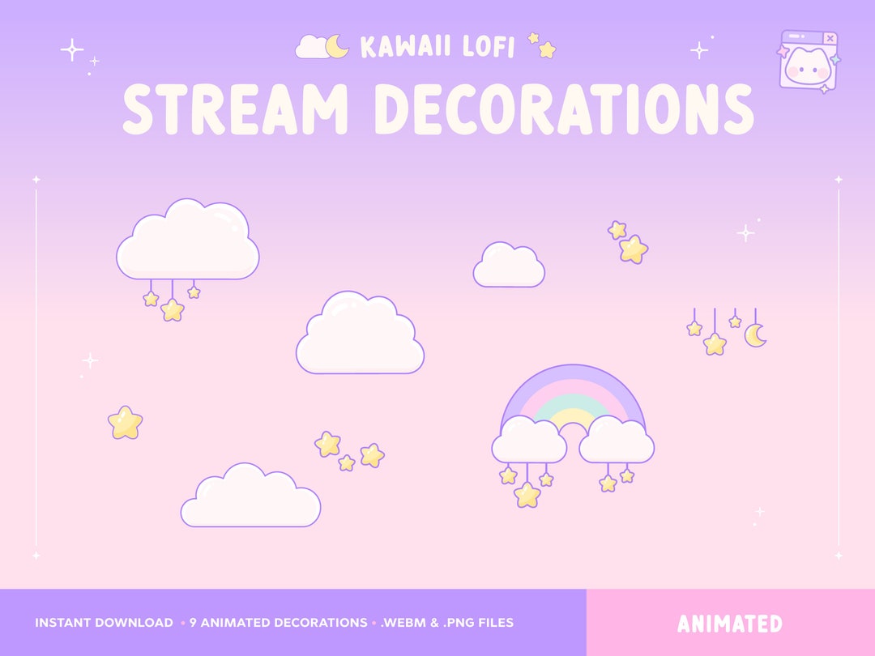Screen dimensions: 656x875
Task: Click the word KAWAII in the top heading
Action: click(x=401, y=47)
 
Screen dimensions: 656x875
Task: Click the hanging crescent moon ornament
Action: click(x=755, y=334)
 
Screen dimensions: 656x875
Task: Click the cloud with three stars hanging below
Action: click(x=188, y=241)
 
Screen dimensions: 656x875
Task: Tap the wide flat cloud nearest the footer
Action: click(x=250, y=497)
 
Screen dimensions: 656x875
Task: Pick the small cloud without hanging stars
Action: click(x=509, y=266)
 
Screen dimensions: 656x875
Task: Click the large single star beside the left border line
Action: click(x=125, y=423)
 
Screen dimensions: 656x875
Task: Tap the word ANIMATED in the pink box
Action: click(x=730, y=624)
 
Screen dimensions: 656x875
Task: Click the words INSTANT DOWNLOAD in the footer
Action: click(x=104, y=623)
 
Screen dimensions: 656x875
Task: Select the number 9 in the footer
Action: click(x=194, y=623)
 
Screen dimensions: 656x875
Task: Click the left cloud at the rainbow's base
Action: click(x=529, y=441)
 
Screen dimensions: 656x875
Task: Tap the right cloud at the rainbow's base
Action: click(x=617, y=441)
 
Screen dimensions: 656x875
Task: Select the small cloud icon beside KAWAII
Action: click(x=310, y=49)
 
